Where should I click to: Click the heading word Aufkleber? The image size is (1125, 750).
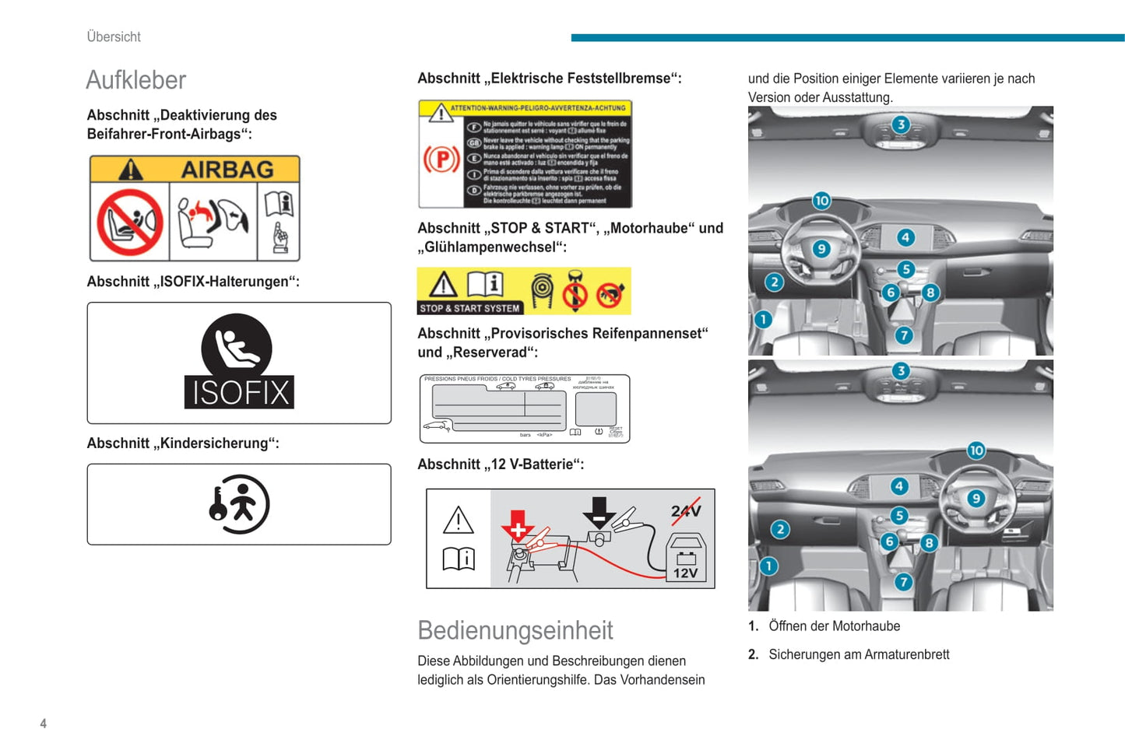[x=136, y=80]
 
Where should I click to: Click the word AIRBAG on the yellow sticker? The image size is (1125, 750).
[x=227, y=169]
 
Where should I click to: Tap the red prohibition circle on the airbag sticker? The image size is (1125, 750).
[x=130, y=223]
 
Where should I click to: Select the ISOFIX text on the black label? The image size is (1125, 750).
[x=240, y=392]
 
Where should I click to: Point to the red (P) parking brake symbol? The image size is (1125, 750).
[x=441, y=159]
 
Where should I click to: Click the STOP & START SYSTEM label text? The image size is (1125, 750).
[x=469, y=308]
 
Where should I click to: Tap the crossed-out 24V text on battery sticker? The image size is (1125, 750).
[x=686, y=511]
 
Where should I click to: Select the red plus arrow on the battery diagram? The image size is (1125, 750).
[x=518, y=527]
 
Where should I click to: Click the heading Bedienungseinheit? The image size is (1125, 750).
[x=515, y=630]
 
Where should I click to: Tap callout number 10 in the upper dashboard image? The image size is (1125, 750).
[x=821, y=201]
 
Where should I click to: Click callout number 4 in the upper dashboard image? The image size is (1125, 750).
[x=905, y=237]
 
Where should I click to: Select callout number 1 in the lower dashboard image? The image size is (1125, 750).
[x=768, y=566]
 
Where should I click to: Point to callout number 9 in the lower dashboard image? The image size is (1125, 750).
[x=976, y=499]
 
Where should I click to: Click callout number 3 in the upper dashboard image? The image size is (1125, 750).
[x=901, y=124]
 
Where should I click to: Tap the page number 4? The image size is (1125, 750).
[x=44, y=724]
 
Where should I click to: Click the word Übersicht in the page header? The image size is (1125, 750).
[x=114, y=37]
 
